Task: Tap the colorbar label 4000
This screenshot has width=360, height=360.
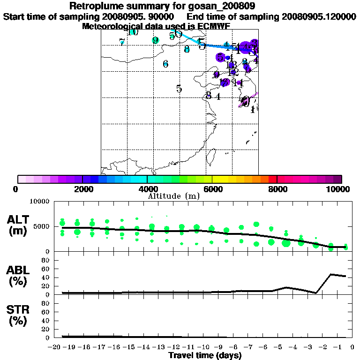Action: click(x=147, y=189)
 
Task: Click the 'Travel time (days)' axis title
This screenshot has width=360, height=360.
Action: click(x=205, y=355)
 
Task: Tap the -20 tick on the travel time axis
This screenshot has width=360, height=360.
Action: click(x=54, y=347)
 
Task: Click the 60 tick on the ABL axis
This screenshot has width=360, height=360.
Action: click(x=45, y=269)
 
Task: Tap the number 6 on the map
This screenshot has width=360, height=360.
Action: click(x=165, y=64)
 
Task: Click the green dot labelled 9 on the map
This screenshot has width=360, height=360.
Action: click(x=155, y=40)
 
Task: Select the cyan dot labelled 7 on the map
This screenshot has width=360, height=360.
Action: click(x=122, y=42)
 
